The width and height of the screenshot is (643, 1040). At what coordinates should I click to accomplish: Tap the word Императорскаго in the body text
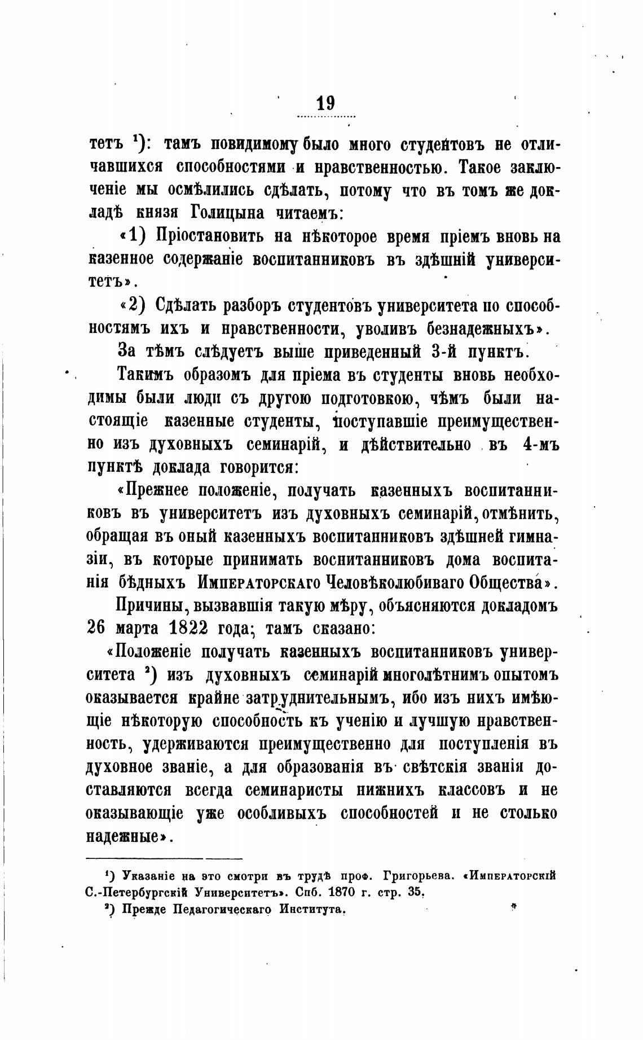(x=260, y=583)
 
